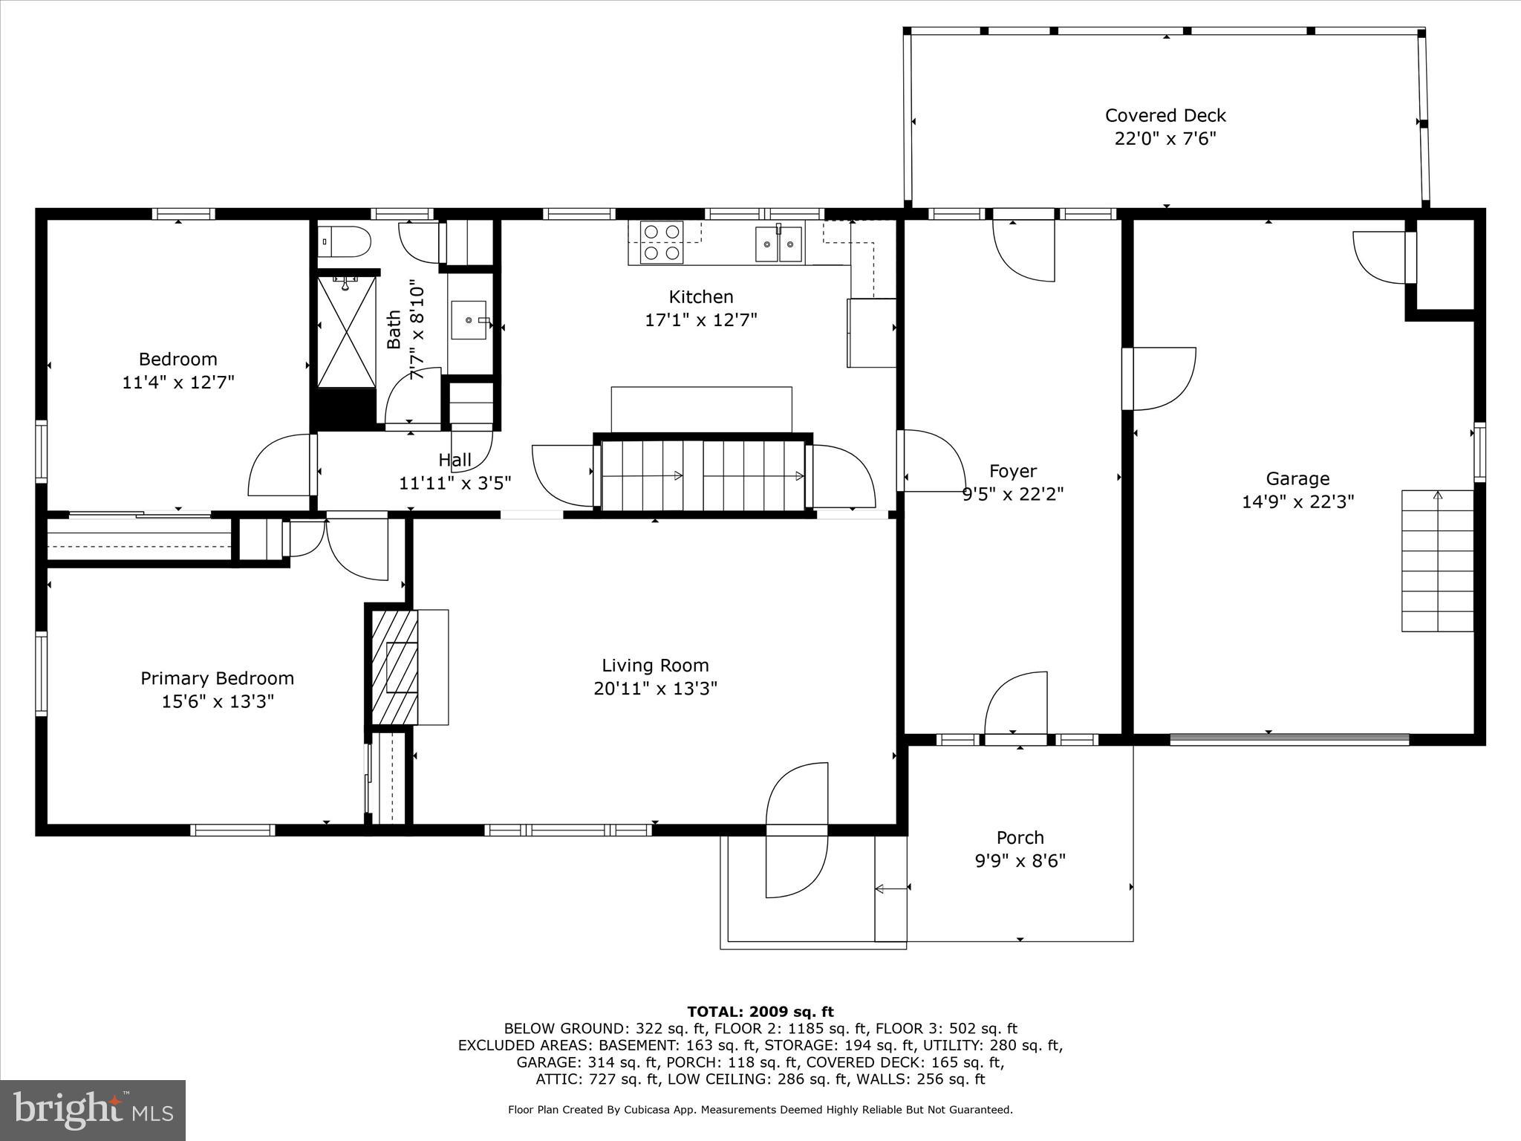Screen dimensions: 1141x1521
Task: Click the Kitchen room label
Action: (x=700, y=297)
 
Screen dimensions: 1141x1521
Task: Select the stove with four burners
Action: (x=663, y=242)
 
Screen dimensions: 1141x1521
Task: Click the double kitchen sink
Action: (x=778, y=244)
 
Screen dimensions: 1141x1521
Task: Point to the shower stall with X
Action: (x=346, y=331)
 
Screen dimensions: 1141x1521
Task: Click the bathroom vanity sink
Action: (x=469, y=320)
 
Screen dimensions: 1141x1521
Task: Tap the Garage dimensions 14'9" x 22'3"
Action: (x=1297, y=502)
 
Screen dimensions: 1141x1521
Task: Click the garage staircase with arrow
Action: (x=1437, y=561)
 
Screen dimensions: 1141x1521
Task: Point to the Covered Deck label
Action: (x=1165, y=115)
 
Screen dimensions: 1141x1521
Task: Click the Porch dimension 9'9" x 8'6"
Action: (x=1020, y=861)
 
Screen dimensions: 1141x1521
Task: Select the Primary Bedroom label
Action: (x=217, y=678)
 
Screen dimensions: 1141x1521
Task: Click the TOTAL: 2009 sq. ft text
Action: (x=760, y=1012)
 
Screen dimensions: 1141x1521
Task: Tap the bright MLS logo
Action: (x=93, y=1111)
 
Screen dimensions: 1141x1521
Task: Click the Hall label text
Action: (x=455, y=460)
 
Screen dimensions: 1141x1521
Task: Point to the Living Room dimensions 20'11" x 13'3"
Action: (x=655, y=689)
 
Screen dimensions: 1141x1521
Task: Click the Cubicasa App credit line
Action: (x=760, y=1110)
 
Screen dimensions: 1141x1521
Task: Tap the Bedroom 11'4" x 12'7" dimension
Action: (x=178, y=383)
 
